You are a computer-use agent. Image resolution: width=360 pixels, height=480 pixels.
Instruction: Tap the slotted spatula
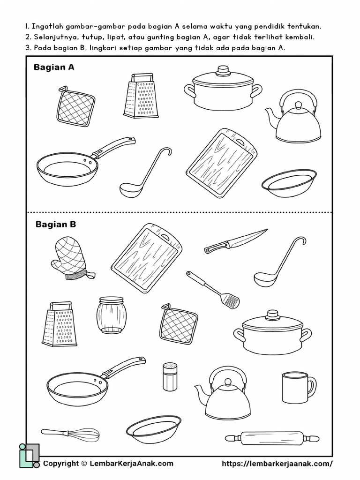(213, 290)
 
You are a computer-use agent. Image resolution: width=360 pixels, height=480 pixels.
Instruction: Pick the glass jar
(112, 315)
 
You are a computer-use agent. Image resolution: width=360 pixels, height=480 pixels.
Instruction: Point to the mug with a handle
(297, 387)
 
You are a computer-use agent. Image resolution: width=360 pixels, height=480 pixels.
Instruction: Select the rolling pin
(272, 438)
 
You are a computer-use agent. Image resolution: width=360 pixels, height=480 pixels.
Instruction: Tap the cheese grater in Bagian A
(140, 96)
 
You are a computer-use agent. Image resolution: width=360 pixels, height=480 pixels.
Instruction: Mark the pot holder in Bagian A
(75, 106)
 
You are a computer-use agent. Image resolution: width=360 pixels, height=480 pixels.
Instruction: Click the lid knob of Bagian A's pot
(223, 71)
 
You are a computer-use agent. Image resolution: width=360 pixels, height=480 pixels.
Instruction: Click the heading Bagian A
(54, 67)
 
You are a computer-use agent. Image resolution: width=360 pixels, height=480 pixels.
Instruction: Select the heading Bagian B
(56, 225)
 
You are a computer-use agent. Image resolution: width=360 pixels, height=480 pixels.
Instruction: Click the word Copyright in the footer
(60, 464)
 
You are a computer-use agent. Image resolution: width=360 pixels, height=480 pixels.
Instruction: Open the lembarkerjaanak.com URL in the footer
(277, 464)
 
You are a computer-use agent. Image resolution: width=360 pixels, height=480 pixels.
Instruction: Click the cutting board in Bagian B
(146, 258)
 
